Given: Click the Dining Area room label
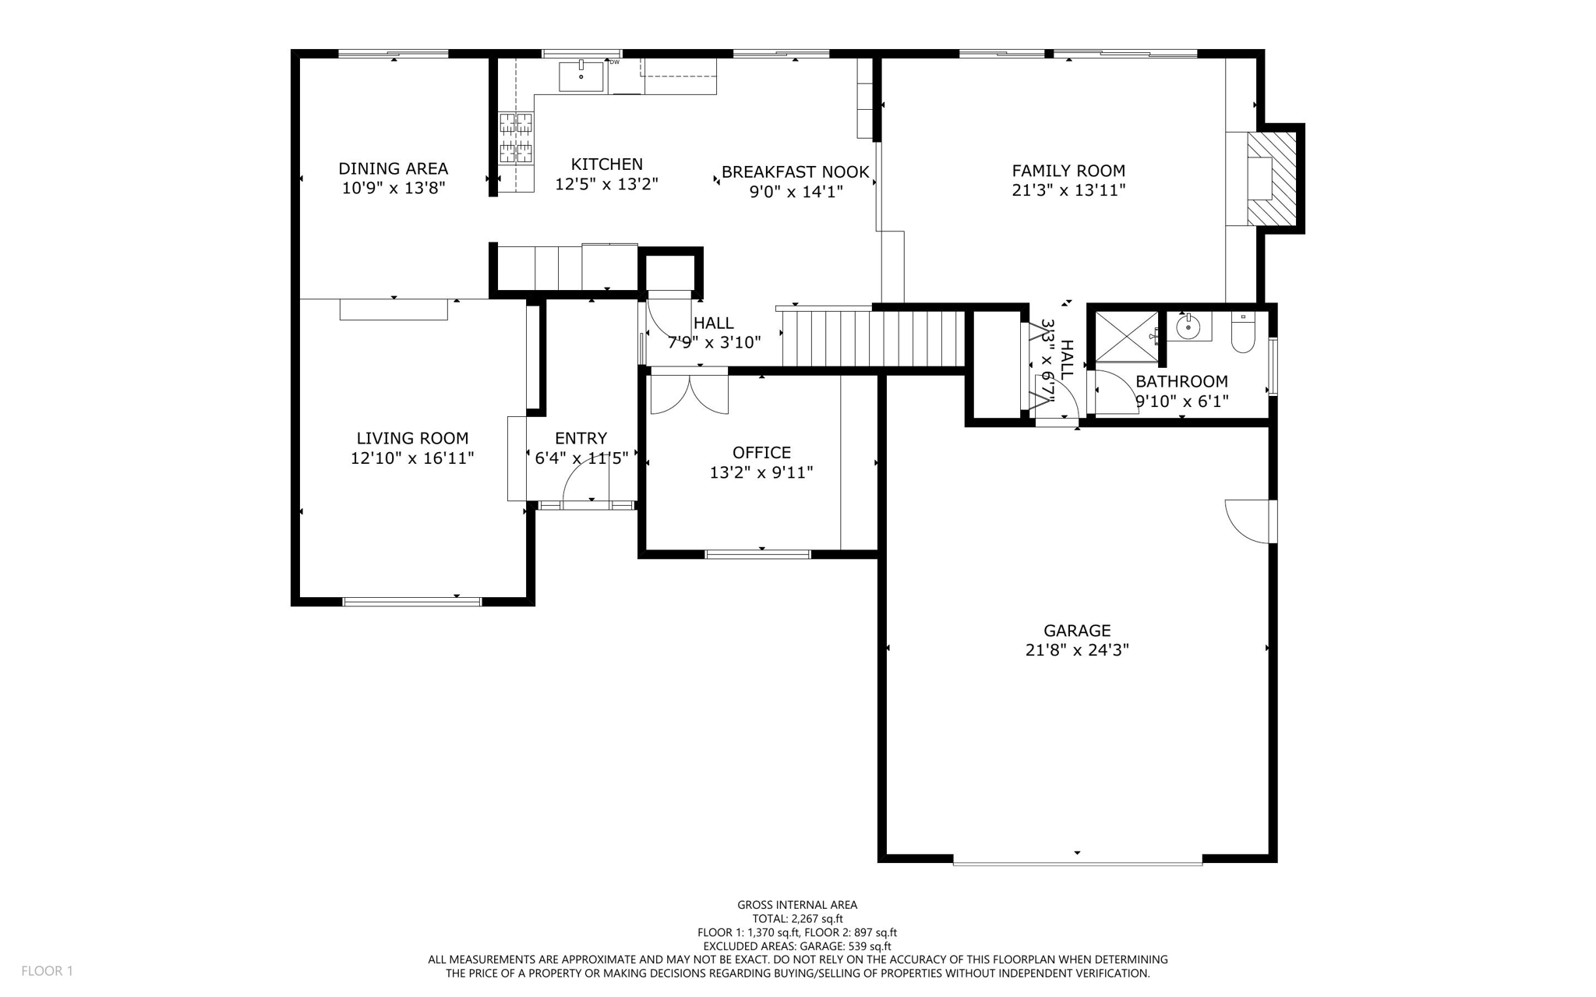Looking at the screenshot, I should [x=393, y=168].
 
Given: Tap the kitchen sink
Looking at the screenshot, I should [x=581, y=76].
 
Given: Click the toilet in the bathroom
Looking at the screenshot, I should [x=1243, y=333].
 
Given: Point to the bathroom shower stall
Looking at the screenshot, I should [x=1127, y=337].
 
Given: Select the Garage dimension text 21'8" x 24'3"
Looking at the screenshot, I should [x=1077, y=650].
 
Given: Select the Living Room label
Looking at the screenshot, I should [x=412, y=438].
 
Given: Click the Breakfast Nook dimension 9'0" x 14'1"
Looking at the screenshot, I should [x=796, y=192].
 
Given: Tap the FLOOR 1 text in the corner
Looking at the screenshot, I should [x=47, y=970].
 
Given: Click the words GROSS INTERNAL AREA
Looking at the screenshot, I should [x=797, y=905].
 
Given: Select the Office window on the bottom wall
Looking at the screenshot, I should [x=757, y=554].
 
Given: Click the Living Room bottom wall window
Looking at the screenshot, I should [x=412, y=601].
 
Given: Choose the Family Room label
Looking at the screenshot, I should [x=1068, y=171].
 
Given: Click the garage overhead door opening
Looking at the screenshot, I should [x=1077, y=861].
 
